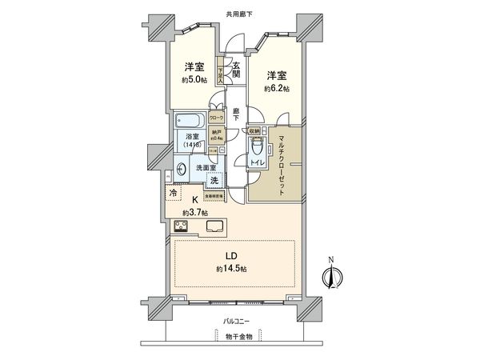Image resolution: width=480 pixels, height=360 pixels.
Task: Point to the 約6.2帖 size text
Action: (x=275, y=90)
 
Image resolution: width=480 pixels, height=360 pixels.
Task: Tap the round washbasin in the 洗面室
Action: (x=182, y=169)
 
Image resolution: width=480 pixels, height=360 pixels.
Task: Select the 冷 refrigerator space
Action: (x=174, y=193)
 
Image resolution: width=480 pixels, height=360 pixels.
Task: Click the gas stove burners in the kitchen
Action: (x=181, y=226)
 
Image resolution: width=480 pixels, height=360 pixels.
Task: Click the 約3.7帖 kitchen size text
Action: (x=194, y=212)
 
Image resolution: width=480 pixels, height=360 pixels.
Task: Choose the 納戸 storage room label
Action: (x=216, y=134)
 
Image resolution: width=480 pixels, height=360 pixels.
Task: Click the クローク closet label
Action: (x=217, y=118)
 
